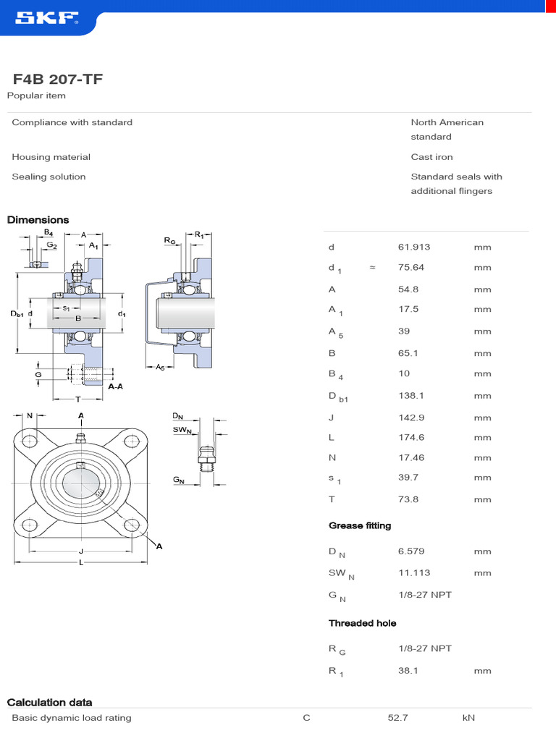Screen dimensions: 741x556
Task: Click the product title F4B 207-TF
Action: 58,79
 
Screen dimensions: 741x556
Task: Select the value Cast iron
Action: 431,157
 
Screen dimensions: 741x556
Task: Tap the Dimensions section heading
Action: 38,220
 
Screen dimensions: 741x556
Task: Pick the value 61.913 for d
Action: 414,247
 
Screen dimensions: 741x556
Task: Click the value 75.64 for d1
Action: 411,268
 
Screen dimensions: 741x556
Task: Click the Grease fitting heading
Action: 360,526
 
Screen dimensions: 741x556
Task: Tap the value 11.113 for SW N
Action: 414,573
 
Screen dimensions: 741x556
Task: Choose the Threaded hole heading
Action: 363,623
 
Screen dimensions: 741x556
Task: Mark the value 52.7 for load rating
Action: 398,719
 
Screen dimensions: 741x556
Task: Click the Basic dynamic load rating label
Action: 72,719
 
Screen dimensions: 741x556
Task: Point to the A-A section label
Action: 116,387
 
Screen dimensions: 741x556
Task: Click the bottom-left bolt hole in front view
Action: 30,526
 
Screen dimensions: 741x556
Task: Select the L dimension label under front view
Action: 81,562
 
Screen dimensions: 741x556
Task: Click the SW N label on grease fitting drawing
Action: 182,431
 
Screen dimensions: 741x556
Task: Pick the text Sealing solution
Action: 49,177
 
